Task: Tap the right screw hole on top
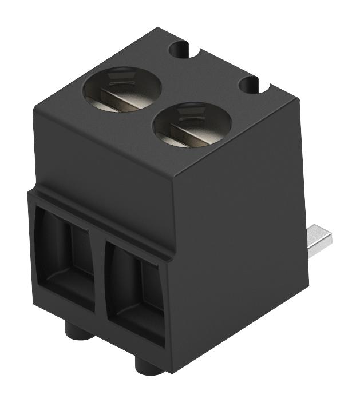pyautogui.click(x=192, y=124)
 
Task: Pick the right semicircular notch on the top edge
pyautogui.click(x=253, y=86)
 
